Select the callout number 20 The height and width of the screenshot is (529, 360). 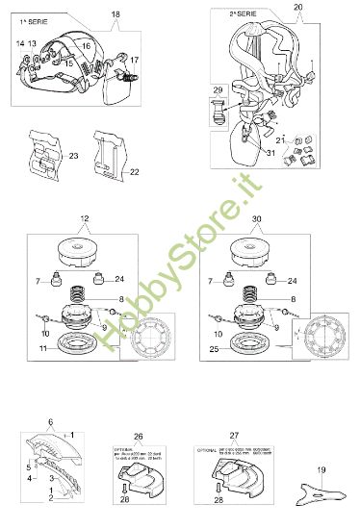tap(298, 8)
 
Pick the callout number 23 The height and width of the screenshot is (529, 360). tap(73, 153)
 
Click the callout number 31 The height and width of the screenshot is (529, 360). tap(244, 152)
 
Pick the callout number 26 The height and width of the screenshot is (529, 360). tap(139, 436)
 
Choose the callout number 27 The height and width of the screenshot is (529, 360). tap(234, 436)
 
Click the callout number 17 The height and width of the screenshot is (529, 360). tap(134, 60)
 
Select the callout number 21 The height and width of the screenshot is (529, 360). tap(279, 140)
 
